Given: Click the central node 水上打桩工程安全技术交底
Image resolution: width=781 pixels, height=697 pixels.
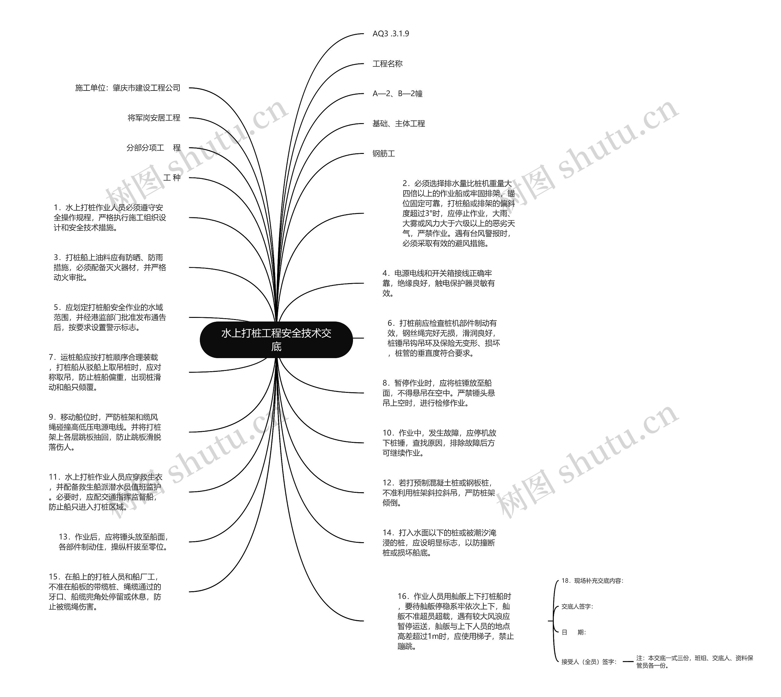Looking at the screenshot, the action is tap(276, 340).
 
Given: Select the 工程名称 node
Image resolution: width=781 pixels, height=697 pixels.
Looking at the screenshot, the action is tap(387, 64).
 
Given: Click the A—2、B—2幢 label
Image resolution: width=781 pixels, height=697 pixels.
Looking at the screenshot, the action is tap(397, 94).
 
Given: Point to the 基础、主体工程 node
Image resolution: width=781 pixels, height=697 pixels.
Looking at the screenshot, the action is tap(398, 123).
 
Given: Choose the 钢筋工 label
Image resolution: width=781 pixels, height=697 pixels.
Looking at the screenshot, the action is tap(383, 154).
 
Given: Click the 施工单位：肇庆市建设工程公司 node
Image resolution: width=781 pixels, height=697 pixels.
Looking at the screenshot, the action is tap(128, 88).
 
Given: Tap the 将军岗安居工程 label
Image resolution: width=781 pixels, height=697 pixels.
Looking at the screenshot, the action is tap(154, 118).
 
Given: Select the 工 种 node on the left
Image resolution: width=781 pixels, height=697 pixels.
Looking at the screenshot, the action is tap(172, 178).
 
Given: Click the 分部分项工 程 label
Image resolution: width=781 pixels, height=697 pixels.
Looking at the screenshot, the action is tap(153, 148).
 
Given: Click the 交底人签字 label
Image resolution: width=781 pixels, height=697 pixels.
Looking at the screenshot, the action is tap(577, 606).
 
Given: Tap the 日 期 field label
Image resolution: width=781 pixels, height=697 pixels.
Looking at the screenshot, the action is tap(574, 632).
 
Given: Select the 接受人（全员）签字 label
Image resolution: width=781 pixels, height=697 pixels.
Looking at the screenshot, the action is tap(589, 661).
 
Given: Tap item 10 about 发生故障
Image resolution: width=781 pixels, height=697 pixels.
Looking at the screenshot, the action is tap(439, 443).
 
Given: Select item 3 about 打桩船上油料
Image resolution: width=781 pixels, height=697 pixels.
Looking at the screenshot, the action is tap(110, 267).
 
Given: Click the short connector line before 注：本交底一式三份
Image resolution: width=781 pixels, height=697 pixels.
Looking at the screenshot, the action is tap(628, 661).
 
